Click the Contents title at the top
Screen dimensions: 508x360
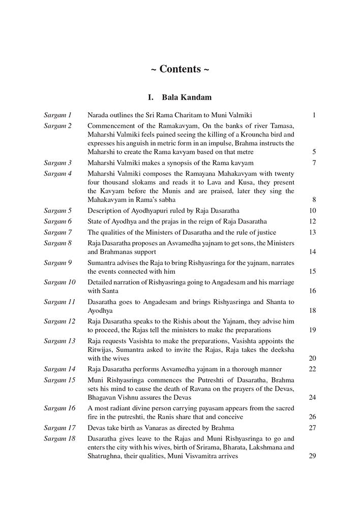[x=180, y=70]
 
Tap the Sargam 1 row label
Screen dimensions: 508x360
[x=57, y=115]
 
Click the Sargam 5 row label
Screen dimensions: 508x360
[x=57, y=210]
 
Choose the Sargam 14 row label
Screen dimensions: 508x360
[x=59, y=368]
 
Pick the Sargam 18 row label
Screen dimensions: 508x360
[x=59, y=437]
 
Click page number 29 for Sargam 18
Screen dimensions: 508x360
[x=312, y=456]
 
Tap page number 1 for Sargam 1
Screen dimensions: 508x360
[x=314, y=115]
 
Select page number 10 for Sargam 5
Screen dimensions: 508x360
[x=312, y=210]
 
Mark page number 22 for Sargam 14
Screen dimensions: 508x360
[x=312, y=368]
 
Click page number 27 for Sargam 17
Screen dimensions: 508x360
[x=312, y=427]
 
